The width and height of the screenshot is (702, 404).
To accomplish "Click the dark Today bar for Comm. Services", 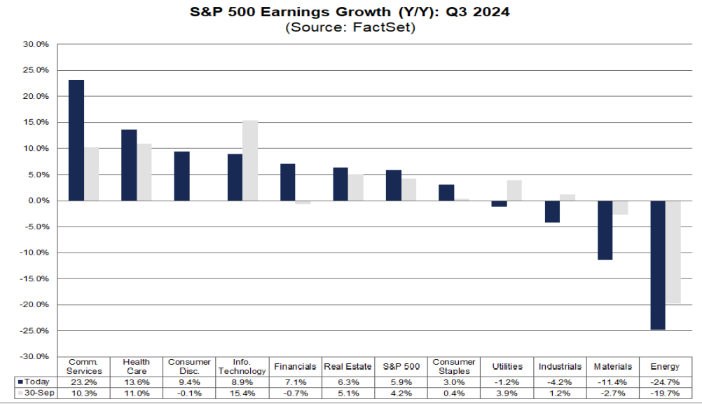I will coord(76,140).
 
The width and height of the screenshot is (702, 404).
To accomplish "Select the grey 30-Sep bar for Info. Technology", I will coord(250,161).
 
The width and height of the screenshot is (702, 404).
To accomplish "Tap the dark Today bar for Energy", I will coord(658,265).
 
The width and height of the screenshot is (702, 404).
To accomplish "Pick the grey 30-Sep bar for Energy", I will coord(673,252).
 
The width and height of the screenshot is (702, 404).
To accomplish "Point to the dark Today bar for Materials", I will coord(605,230).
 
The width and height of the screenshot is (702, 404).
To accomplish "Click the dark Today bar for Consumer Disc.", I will coord(182,176).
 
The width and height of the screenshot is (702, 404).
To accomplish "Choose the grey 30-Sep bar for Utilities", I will coord(514,190).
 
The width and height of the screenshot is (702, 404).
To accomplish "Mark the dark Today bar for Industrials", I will coord(552,211).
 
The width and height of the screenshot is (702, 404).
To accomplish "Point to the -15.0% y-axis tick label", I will coord(36,278).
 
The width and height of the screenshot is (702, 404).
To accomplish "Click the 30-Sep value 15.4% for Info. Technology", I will coord(242,393).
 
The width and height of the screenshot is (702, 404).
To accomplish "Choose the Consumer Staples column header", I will coord(453,366).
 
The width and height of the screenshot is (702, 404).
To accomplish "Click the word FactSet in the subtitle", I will coord(387,28).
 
